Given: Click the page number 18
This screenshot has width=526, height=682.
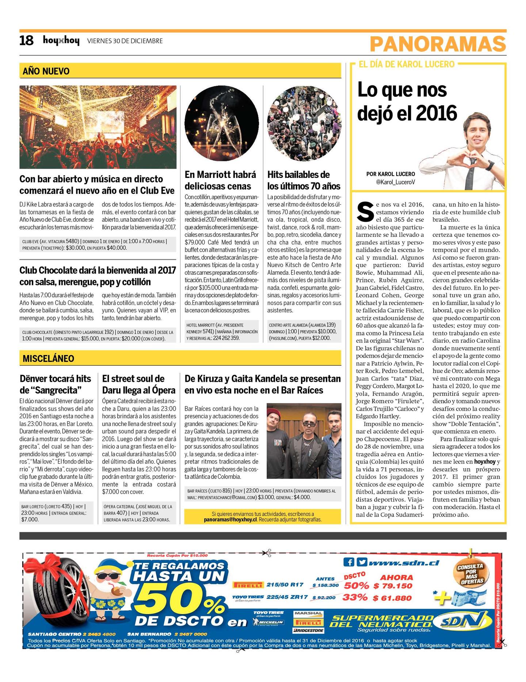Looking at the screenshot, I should (x=26, y=41).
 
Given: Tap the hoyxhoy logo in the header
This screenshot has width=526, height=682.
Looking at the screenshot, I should (x=61, y=41).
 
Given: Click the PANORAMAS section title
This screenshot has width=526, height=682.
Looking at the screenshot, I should (x=438, y=44).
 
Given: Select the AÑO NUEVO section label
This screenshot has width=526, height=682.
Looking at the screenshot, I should (x=46, y=71).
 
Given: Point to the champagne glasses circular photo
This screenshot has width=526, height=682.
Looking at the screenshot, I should (x=222, y=123).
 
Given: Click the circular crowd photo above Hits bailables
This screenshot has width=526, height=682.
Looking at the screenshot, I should (x=304, y=123).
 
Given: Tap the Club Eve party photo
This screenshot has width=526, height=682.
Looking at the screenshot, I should (x=98, y=127).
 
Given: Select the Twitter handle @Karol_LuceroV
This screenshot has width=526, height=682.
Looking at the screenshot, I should (x=395, y=182).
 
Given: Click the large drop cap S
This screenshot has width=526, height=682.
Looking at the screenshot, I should (x=365, y=212).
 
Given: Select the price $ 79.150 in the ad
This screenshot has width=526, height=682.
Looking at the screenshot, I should (x=393, y=586).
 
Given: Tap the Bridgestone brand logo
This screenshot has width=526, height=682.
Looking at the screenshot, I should (x=308, y=630).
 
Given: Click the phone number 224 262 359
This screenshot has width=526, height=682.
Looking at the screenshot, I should (x=226, y=338).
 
